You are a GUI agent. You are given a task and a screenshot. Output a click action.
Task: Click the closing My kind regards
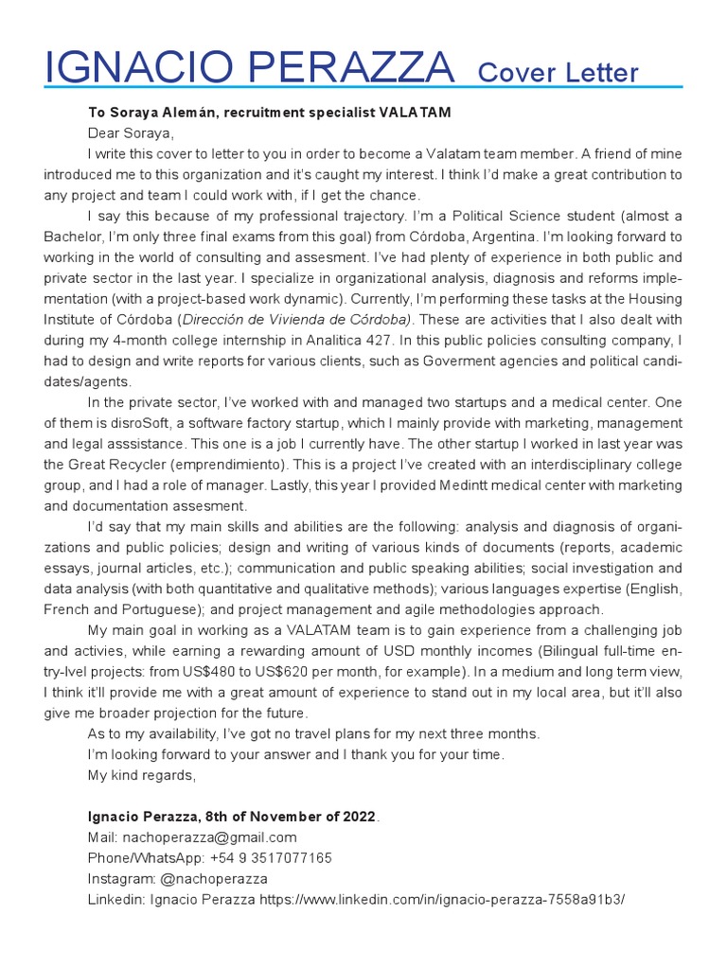click(141, 775)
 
